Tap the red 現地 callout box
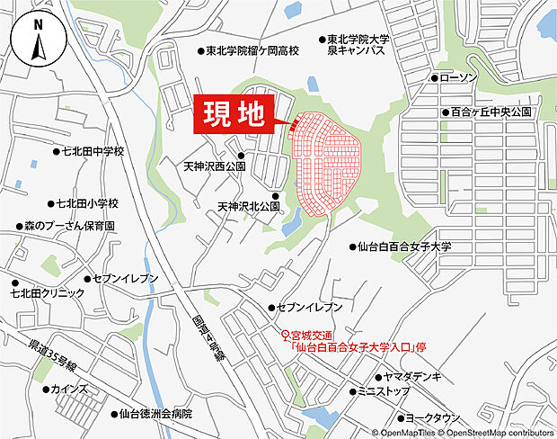point(233,116)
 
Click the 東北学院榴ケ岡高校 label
point(251,53)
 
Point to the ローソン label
point(457,78)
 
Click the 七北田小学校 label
point(93,203)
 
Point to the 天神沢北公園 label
point(249,207)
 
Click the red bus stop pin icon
point(286,336)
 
